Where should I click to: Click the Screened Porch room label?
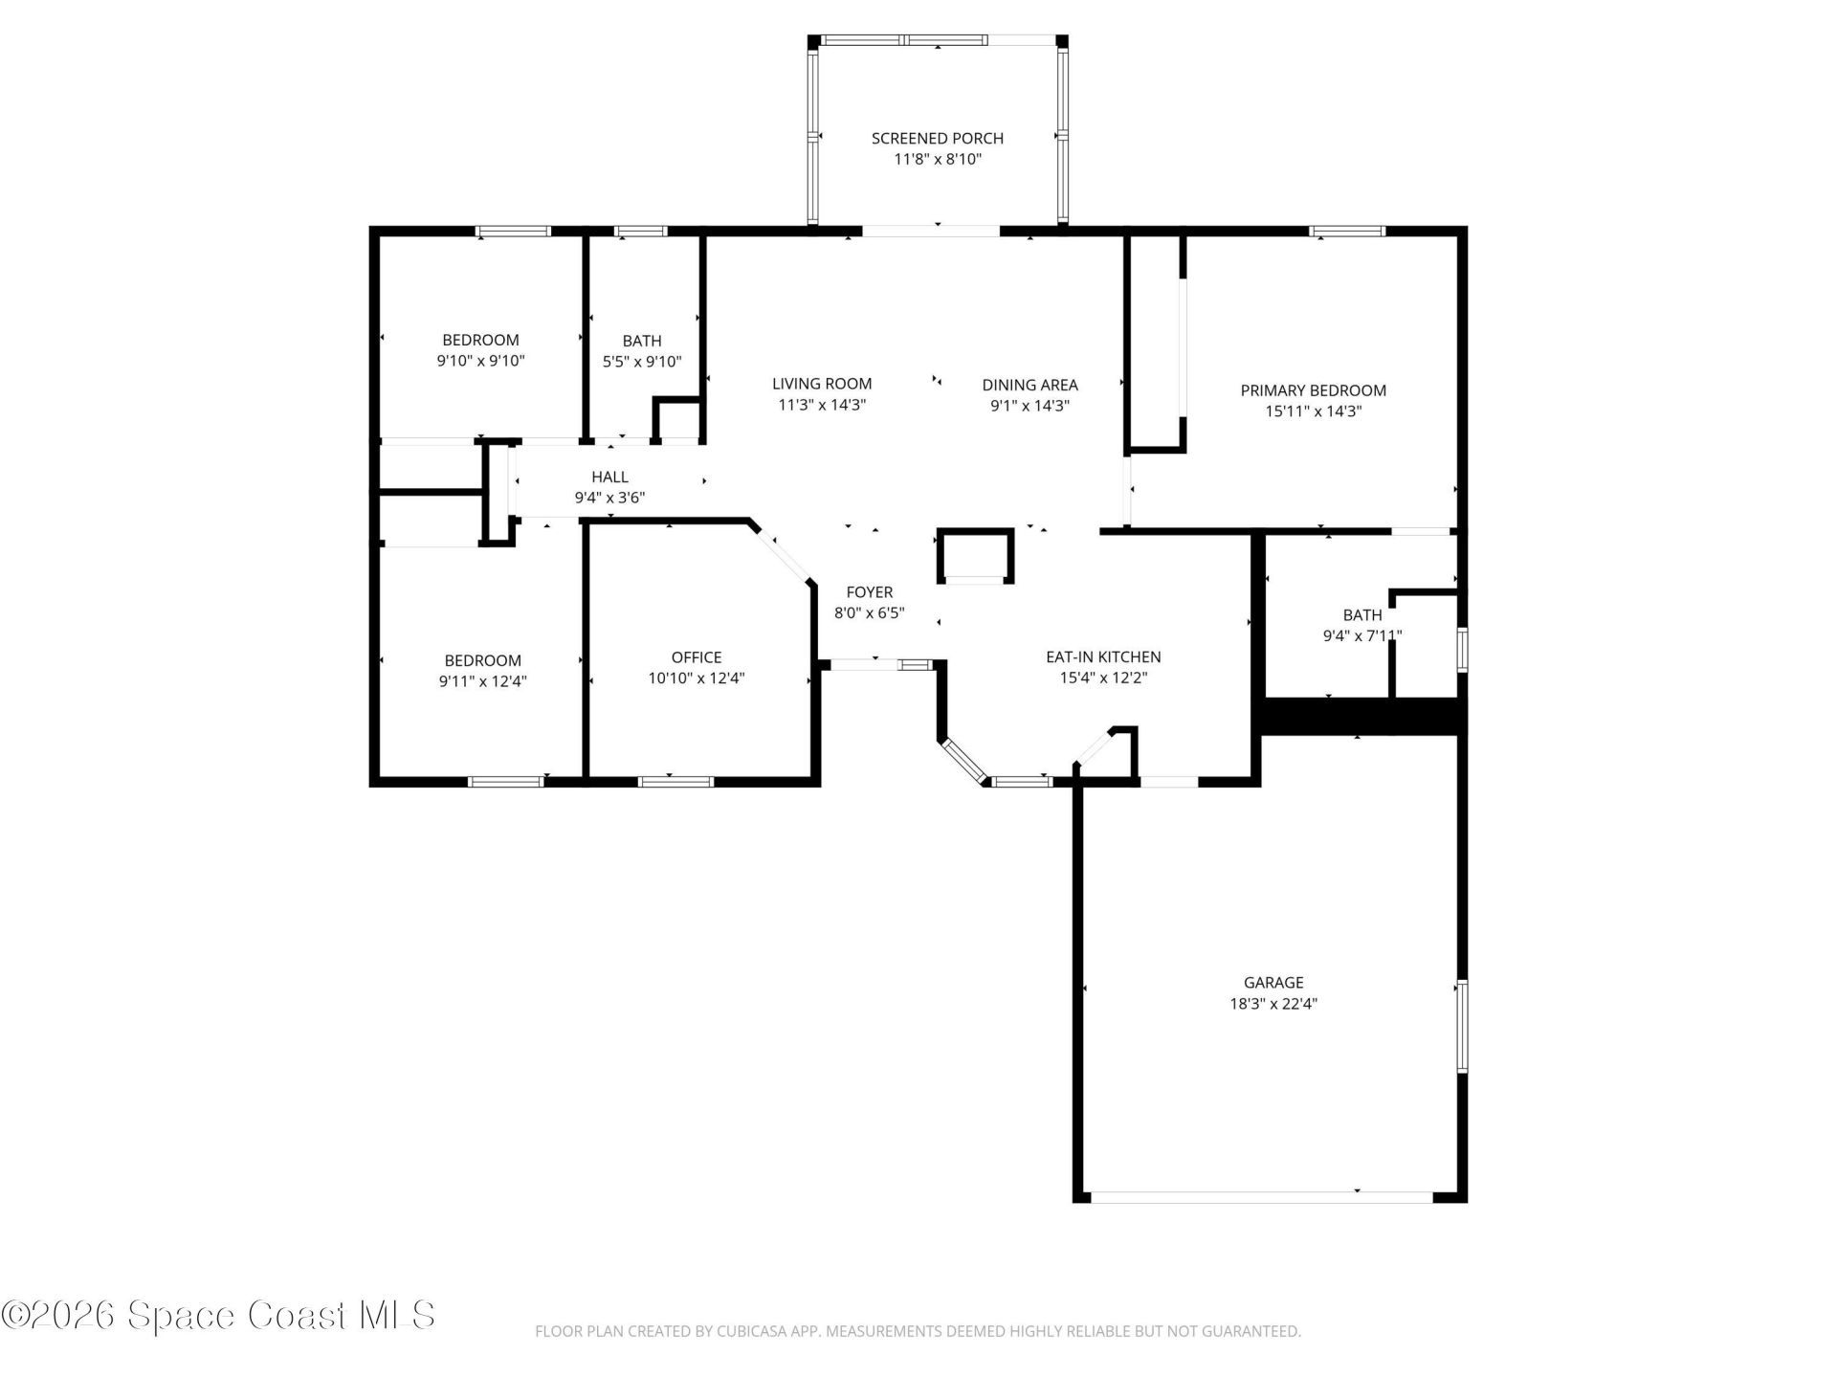pos(937,138)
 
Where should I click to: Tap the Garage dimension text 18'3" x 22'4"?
pos(1273,1004)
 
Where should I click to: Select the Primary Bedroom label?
pos(1313,390)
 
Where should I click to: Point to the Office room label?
pos(697,657)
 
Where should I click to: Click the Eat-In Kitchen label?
pos(1103,656)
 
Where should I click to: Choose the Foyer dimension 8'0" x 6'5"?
pos(869,612)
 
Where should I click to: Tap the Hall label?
pos(609,477)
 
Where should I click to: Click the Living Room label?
pos(822,384)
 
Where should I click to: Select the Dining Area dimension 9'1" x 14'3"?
pos(1029,405)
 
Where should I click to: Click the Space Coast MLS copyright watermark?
pos(218,1315)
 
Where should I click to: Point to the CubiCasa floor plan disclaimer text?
pos(918,1331)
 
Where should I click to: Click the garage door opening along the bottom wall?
pos(1262,1196)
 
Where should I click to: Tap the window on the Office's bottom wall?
pos(675,782)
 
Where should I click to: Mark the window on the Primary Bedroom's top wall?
pos(1347,231)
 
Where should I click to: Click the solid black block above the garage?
pos(1360,717)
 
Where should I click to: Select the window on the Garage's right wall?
pos(1461,1026)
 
